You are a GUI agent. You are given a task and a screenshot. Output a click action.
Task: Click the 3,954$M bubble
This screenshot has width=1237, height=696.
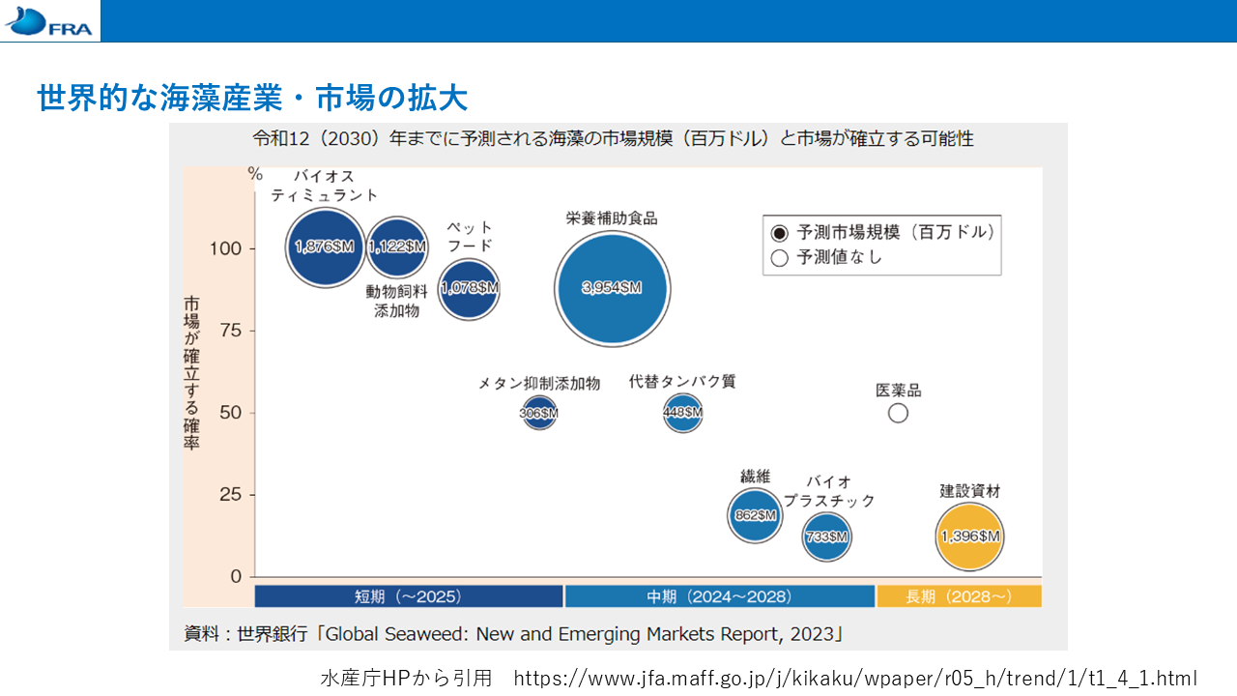coord(613,288)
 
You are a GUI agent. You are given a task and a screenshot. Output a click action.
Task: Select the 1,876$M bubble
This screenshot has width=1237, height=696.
coord(326,247)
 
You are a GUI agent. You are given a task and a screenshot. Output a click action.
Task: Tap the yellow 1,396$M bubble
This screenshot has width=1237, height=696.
coord(969,536)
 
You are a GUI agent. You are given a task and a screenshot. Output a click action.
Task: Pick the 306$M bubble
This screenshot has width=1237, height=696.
coord(539,413)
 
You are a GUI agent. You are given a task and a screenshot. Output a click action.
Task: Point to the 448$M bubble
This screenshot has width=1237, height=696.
coord(683,413)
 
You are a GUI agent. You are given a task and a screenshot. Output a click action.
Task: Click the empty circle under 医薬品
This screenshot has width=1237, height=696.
coord(898,413)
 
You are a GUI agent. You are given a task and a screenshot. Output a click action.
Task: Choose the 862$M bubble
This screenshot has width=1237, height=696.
coord(755,515)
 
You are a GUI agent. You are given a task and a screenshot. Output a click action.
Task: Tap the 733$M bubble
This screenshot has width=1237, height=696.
coord(826,536)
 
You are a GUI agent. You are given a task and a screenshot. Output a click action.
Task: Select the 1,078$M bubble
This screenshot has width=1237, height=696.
coord(469,288)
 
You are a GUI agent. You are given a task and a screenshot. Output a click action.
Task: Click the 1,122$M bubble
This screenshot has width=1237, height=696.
coord(397,246)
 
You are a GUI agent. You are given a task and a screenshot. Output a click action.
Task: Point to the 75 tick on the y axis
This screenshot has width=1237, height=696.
coord(252,331)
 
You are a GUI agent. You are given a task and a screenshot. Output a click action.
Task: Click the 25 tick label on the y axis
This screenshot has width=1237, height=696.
coord(230,494)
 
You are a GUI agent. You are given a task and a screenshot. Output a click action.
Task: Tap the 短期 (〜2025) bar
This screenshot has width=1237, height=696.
coord(409,596)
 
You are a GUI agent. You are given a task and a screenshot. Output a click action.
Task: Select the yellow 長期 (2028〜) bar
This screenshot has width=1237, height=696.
coord(960,596)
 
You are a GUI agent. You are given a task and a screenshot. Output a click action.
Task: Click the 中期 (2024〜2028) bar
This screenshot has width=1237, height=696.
coord(720,596)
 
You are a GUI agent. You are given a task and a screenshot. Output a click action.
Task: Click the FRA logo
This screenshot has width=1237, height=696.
coord(48,21)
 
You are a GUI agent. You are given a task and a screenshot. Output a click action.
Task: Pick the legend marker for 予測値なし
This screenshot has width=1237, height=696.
coord(779,258)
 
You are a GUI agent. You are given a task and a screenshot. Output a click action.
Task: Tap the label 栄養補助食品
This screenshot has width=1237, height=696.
coord(612,218)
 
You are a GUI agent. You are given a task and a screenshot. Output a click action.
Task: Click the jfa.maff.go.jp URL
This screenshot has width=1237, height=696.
coord(855,678)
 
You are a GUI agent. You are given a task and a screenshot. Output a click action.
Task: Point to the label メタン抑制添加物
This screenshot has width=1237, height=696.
coord(539,384)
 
